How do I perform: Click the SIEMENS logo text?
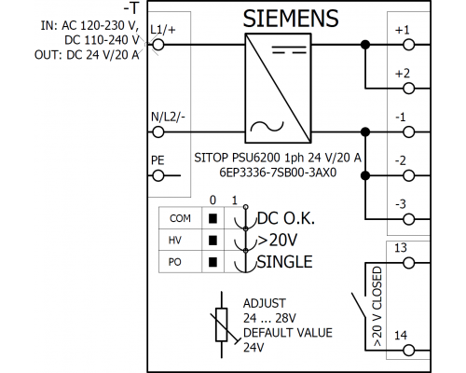[x=291, y=19]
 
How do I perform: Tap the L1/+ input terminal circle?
[x=158, y=45]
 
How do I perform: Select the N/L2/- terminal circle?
[x=158, y=132]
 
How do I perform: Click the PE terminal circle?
[x=158, y=176]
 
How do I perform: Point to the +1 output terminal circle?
[x=409, y=45]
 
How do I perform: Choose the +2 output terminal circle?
[x=409, y=89]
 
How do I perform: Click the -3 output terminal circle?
[x=409, y=219]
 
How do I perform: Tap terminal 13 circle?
[x=409, y=263]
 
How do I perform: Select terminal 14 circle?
[x=409, y=351]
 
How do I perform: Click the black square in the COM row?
[x=212, y=218]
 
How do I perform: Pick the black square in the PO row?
[x=212, y=262]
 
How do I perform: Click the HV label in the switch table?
[x=175, y=241]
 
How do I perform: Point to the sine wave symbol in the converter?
[x=267, y=127]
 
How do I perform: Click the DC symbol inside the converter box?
[x=290, y=49]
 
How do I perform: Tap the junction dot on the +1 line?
[x=365, y=45]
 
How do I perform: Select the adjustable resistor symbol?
[x=222, y=325]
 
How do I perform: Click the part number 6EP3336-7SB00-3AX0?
[x=278, y=173]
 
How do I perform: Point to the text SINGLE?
[x=285, y=262]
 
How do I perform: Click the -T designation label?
[x=131, y=8]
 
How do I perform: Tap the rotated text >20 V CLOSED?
[x=377, y=307]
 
